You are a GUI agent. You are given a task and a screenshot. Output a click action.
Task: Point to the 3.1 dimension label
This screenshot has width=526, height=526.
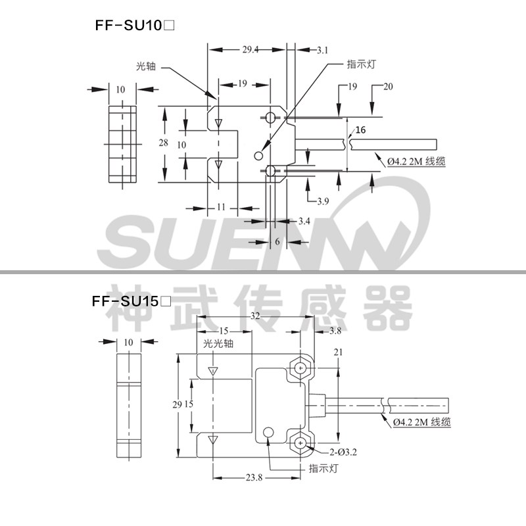pyautogui.click(x=322, y=50)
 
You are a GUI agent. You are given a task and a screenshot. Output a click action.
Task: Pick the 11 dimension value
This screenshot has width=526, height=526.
pyautogui.click(x=221, y=207)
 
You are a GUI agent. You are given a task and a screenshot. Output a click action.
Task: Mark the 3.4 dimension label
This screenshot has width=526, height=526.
pyautogui.click(x=303, y=220)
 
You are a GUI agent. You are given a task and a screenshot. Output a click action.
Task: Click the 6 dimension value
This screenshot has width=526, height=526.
pyautogui.click(x=277, y=241)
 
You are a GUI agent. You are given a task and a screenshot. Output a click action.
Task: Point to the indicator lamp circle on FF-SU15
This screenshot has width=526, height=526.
pyautogui.click(x=268, y=433)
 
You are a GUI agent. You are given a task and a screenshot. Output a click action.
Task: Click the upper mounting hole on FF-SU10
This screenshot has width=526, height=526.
pyautogui.click(x=271, y=118)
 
